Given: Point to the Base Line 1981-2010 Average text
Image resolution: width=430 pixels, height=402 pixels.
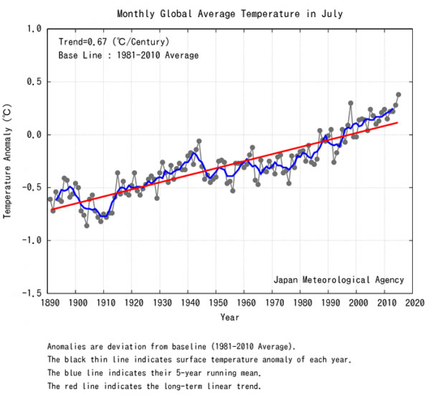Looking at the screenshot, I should tap(128, 55).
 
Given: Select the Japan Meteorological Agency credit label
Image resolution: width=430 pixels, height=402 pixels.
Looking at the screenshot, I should tap(338, 280).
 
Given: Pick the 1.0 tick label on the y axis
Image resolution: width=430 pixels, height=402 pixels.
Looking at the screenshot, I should tap(32, 29).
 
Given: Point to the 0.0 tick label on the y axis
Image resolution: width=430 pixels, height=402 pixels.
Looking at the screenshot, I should tap(32, 134).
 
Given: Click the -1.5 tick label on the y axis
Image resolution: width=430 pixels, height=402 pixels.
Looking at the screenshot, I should tap(29, 293).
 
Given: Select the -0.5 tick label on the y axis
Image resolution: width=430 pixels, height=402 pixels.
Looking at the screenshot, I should tap(29, 187).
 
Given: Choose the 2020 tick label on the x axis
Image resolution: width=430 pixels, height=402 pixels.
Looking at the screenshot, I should tap(412, 303).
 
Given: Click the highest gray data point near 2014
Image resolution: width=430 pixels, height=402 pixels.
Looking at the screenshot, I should tap(398, 94).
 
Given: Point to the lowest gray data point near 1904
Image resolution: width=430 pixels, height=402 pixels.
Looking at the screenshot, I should tap(87, 225).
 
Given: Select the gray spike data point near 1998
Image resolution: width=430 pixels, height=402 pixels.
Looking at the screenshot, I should tap(350, 103).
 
